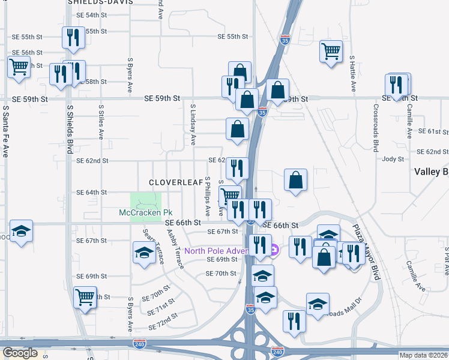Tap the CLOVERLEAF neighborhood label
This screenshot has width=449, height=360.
173,182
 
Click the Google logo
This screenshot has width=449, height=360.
20,353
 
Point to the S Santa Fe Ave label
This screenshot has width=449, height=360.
5,132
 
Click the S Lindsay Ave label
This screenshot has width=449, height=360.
193,125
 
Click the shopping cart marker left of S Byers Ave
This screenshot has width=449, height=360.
85,296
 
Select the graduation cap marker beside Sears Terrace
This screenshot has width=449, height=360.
144,253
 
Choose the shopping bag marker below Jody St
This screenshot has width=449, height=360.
296,180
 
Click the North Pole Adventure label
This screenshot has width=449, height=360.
223,251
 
